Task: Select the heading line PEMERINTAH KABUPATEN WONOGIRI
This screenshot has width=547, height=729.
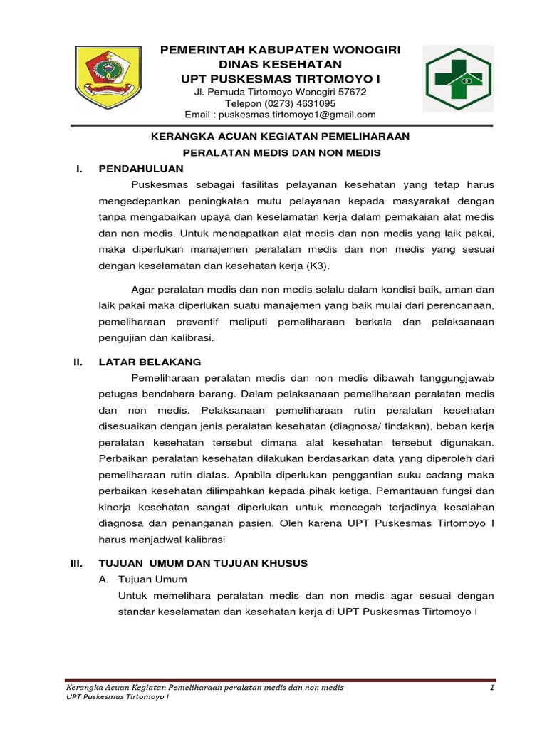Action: tap(280, 50)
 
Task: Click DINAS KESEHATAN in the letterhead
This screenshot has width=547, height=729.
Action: tap(280, 64)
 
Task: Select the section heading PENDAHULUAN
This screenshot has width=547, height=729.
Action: tap(141, 169)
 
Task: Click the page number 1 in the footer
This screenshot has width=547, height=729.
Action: tap(491, 688)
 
